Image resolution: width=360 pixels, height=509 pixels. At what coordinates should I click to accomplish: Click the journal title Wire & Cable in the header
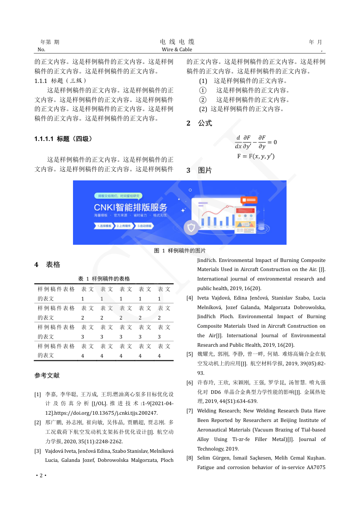177,49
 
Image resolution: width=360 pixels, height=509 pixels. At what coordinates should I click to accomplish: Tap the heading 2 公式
199,123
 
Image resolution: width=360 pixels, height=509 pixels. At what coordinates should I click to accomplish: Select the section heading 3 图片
199,170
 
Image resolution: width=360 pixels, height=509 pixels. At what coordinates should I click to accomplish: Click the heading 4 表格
47,265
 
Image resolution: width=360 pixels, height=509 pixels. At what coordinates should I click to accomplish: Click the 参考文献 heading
47,376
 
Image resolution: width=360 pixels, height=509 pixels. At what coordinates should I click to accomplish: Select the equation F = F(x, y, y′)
256,156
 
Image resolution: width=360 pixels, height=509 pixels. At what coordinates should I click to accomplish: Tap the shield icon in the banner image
192,227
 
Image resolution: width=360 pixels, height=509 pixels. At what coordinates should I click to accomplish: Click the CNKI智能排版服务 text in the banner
131,207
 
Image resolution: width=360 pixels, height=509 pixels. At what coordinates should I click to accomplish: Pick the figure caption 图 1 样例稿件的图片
180,251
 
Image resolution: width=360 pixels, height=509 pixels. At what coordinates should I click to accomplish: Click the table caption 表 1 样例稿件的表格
104,279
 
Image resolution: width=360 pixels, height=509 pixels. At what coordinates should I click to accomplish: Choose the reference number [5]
190,354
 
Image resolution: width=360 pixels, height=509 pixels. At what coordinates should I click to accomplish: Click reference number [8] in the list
190,458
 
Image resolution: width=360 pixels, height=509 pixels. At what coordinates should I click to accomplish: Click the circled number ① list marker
203,90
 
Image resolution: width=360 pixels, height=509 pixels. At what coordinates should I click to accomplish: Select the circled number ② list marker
203,100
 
